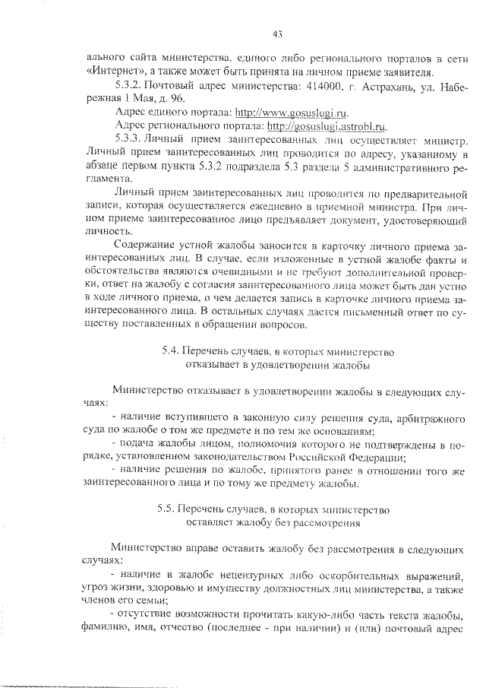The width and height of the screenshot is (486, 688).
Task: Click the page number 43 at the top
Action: (277, 33)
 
